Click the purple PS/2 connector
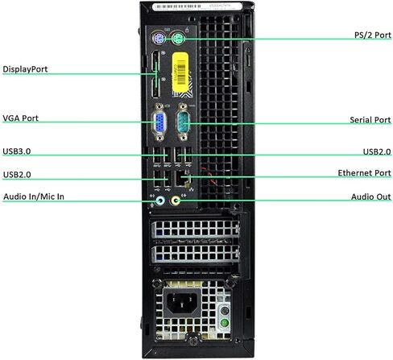(x=159, y=39)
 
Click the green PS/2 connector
(x=177, y=39)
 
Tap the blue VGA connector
(x=159, y=122)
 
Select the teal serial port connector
(x=183, y=122)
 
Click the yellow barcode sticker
(x=180, y=72)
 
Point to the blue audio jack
(x=160, y=201)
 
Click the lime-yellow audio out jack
(x=175, y=201)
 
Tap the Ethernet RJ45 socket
(x=183, y=179)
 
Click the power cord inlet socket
(x=180, y=303)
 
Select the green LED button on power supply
(x=225, y=323)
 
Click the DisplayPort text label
(x=25, y=69)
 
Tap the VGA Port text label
(x=20, y=118)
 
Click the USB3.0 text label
(x=17, y=151)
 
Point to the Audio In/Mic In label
(x=34, y=197)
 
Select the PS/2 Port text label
(x=373, y=35)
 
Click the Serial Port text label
(x=370, y=120)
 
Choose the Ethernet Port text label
(x=364, y=173)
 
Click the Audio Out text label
(x=371, y=197)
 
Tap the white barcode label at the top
(x=194, y=6)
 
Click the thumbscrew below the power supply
(x=193, y=339)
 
